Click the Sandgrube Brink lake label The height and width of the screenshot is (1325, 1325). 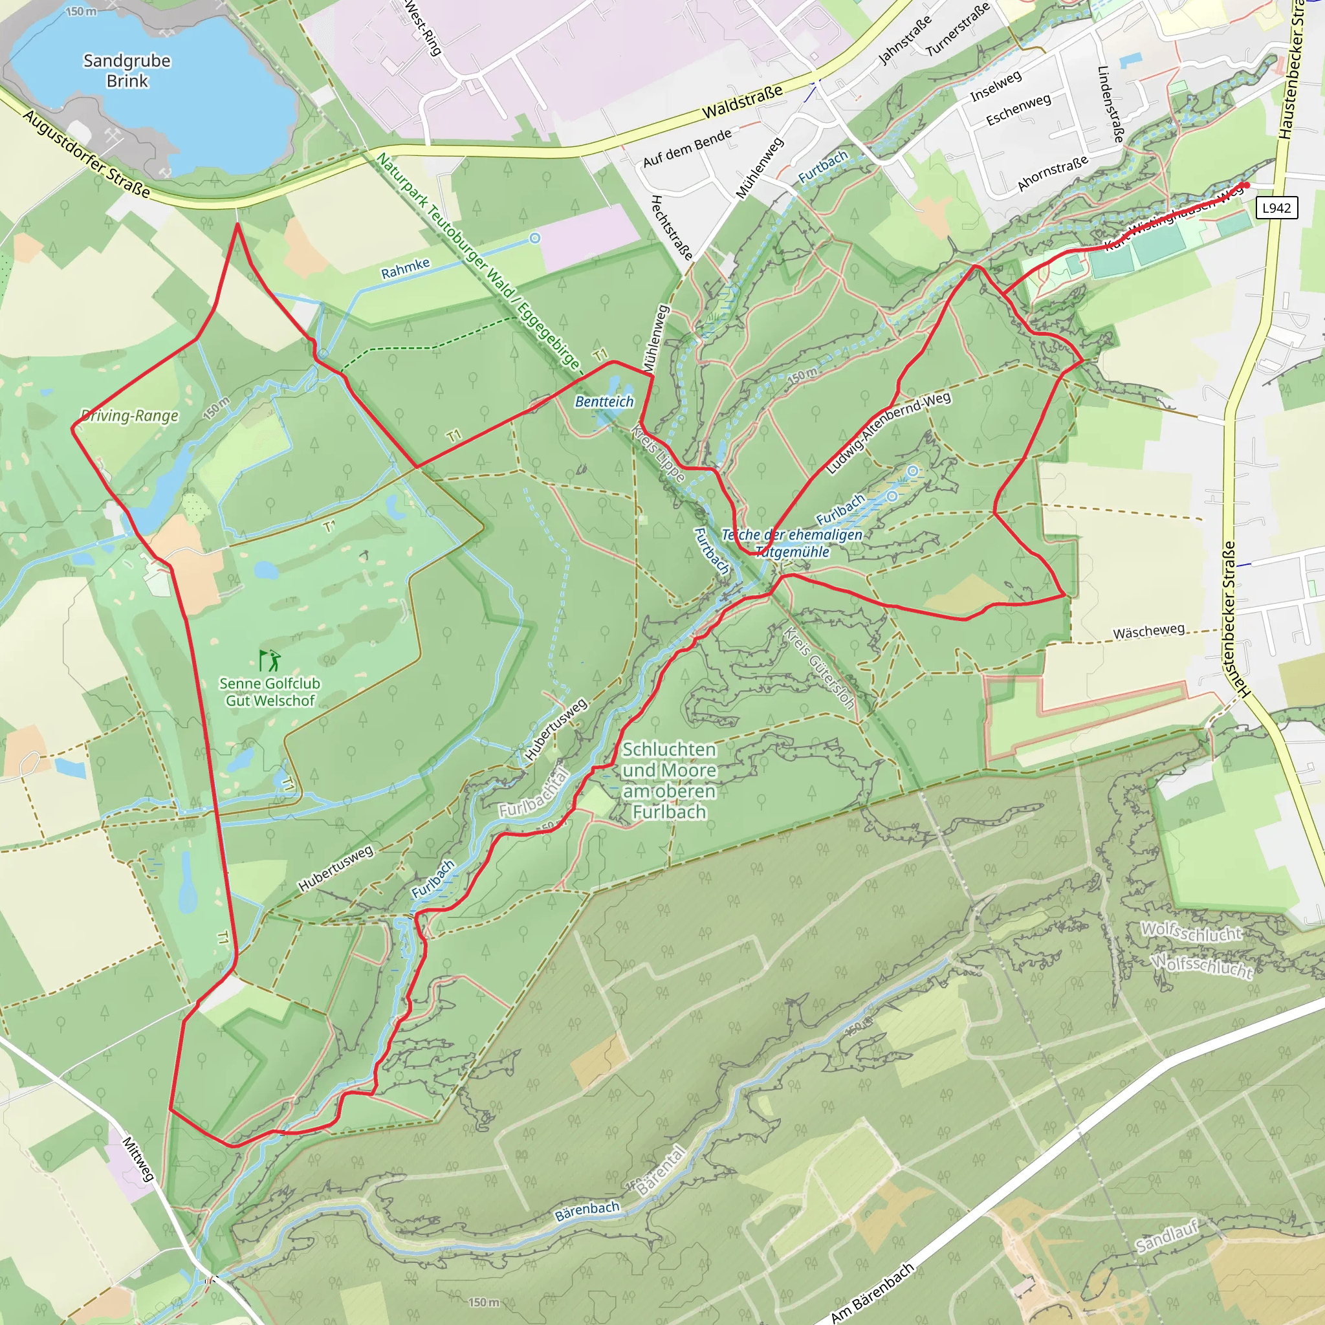click(x=127, y=71)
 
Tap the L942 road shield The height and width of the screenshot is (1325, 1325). click(x=1276, y=208)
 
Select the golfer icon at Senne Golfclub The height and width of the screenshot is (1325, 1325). click(x=270, y=661)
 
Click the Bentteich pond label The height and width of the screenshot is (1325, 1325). click(x=604, y=402)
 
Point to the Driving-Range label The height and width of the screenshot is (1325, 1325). click(x=129, y=415)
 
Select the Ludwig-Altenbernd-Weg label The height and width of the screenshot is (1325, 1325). click(x=888, y=432)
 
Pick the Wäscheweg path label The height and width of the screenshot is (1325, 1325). click(x=1148, y=631)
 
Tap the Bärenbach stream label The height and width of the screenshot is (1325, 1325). click(x=587, y=1211)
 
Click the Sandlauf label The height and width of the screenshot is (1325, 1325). click(x=1166, y=1235)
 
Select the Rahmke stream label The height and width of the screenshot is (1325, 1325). click(x=405, y=268)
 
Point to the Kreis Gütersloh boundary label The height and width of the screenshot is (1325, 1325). click(x=820, y=668)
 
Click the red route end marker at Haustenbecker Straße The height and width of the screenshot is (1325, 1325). click(x=1246, y=185)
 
